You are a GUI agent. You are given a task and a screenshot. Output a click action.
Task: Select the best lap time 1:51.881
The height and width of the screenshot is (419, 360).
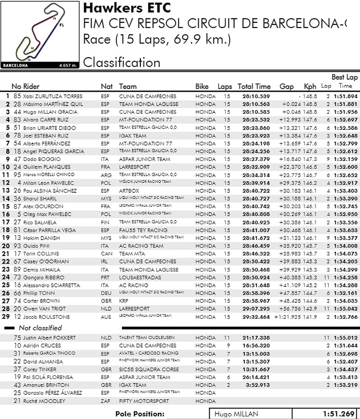click(345, 104)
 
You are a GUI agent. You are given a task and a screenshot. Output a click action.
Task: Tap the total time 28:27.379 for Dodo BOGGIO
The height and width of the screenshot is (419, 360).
click(256, 159)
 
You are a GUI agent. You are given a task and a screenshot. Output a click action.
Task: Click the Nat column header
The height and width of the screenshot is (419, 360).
click(107, 86)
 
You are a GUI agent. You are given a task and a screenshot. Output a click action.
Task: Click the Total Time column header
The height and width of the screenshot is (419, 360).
click(254, 86)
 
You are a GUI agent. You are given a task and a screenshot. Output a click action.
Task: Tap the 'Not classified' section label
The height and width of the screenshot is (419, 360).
click(40, 328)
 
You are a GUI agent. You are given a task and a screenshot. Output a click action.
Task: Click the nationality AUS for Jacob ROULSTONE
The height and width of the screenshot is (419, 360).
click(105, 316)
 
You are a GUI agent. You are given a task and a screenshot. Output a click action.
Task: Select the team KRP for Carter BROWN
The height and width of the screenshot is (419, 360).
click(124, 301)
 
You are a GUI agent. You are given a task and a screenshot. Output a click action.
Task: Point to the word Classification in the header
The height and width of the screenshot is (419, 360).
click(121, 62)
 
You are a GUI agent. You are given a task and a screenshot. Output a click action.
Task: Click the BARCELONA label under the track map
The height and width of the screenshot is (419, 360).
click(15, 65)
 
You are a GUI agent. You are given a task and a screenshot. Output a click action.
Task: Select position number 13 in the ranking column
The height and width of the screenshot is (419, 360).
click(6, 191)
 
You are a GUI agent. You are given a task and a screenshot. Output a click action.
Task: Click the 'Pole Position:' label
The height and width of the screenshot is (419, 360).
click(139, 414)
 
